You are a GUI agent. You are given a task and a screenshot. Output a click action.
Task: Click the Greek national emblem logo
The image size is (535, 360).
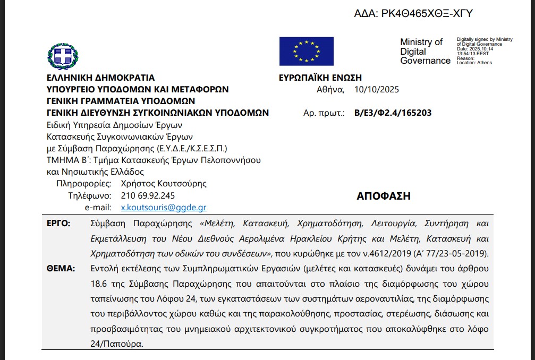point(63,57)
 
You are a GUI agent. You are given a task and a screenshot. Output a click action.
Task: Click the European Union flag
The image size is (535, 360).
point(307,52)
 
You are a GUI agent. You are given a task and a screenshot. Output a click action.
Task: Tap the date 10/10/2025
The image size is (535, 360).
point(376,89)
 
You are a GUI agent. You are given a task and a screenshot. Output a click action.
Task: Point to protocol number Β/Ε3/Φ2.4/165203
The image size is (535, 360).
point(393,113)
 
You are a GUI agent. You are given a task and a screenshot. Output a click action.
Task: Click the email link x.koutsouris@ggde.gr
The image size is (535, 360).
point(164,208)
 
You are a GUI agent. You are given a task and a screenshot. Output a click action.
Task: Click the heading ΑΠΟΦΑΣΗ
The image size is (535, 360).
point(384,196)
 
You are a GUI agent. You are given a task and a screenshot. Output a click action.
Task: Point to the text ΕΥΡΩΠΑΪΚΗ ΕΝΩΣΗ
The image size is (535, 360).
point(320,78)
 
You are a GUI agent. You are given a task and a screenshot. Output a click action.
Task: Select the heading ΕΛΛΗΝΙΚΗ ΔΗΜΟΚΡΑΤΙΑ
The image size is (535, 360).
point(101,78)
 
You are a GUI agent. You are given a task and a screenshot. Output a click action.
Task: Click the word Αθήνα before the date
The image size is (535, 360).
point(330,89)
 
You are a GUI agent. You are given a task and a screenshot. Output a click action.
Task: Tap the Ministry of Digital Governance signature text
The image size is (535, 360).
point(425,52)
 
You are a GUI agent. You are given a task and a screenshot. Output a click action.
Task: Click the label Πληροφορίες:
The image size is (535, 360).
point(84,184)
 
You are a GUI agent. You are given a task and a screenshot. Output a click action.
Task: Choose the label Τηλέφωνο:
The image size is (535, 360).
point(90,195)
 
